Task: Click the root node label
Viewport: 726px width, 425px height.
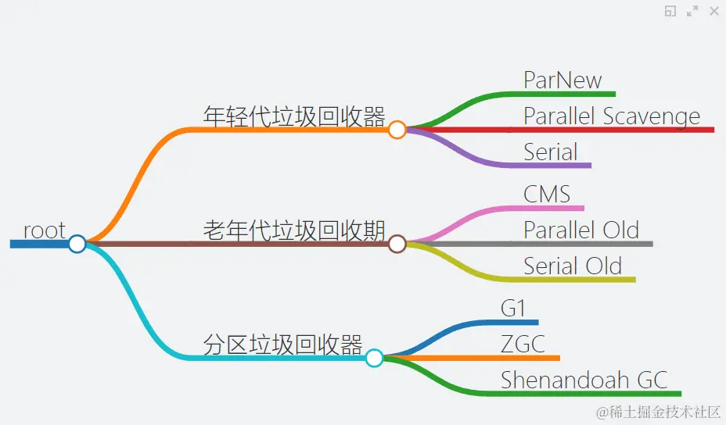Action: (x=45, y=230)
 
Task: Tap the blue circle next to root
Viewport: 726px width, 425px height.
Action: (x=77, y=244)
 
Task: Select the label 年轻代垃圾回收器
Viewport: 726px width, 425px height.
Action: (x=294, y=116)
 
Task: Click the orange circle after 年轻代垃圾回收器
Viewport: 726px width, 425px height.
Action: (x=397, y=130)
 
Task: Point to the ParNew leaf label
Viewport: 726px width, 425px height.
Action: (x=562, y=80)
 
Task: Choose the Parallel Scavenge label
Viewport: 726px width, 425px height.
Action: (x=612, y=116)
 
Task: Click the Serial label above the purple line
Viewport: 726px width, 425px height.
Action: (x=551, y=152)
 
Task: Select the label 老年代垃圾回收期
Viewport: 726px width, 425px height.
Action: (x=294, y=230)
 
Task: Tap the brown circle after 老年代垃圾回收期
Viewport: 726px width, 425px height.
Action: (x=397, y=244)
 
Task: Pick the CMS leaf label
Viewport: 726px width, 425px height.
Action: (x=547, y=194)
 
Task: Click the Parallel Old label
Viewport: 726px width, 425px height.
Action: (x=581, y=230)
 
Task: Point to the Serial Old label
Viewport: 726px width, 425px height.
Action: (x=573, y=266)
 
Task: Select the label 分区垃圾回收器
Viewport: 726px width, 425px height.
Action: (x=282, y=345)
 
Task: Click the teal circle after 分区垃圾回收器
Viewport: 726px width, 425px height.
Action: (x=374, y=358)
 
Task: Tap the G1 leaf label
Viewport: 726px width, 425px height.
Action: (x=513, y=308)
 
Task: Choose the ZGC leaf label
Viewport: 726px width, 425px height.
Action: (x=523, y=344)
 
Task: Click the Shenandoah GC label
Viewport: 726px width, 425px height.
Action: (x=584, y=380)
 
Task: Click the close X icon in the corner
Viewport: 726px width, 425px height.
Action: (x=713, y=11)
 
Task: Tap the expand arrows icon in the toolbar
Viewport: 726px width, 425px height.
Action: (x=692, y=11)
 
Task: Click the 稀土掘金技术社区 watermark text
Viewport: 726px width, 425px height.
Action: (x=658, y=411)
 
